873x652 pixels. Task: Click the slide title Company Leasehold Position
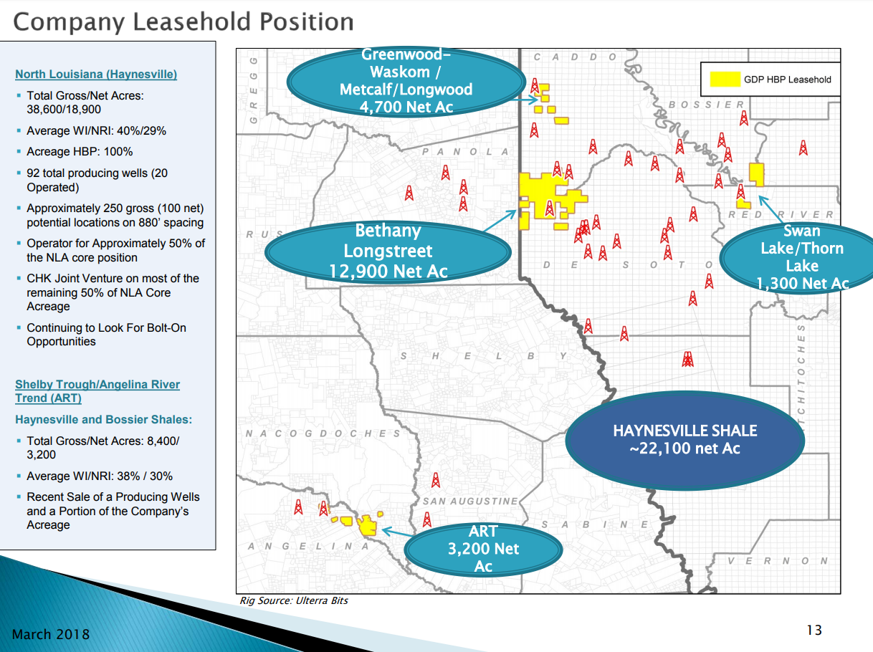pos(183,22)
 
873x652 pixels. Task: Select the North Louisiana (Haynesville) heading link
pos(96,75)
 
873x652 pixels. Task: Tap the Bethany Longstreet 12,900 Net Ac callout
pos(388,251)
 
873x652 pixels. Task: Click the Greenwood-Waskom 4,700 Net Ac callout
pos(406,81)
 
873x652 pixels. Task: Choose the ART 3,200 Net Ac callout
pos(483,549)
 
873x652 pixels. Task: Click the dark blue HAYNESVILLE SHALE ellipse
pos(685,440)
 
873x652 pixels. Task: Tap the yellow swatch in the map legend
pos(725,79)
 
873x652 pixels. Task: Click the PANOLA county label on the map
pos(465,151)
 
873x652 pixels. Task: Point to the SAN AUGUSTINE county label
pos(469,502)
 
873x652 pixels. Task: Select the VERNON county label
pos(778,560)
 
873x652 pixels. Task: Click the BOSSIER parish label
pos(706,105)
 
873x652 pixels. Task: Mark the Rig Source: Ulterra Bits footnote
pos(294,600)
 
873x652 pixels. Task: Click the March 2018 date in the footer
pos(51,633)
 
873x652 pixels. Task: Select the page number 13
pos(814,630)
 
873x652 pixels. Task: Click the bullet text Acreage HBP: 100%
pos(80,151)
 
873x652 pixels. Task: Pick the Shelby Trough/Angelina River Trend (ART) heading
pos(97,391)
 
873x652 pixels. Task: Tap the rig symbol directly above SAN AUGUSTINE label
pos(436,480)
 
